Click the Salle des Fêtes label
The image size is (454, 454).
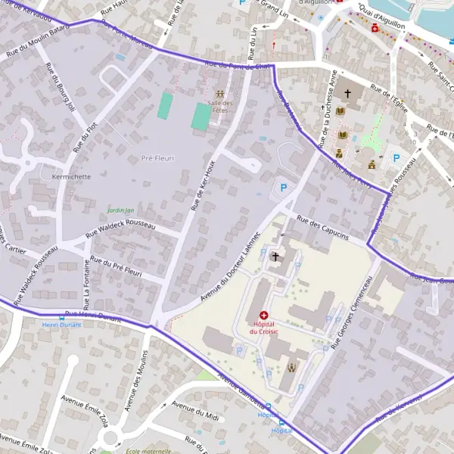(221, 106)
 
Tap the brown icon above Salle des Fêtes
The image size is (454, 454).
(220, 93)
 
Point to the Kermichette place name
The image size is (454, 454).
(69, 176)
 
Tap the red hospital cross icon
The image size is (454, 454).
(264, 314)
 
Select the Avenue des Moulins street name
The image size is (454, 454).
(136, 379)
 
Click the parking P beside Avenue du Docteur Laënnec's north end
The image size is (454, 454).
(284, 188)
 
